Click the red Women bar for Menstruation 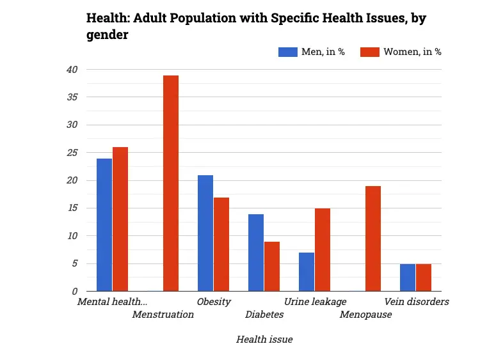pos(171,184)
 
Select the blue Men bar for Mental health pos(104,225)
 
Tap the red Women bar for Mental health pos(120,219)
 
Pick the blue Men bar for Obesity pos(205,233)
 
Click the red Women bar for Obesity pos(221,244)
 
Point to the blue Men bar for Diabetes pos(256,253)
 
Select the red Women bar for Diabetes pos(272,267)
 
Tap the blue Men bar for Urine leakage pos(307,272)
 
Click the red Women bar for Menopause pos(373,239)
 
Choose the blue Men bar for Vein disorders pos(408,278)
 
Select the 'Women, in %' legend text pos(412,52)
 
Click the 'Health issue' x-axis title pos(264,340)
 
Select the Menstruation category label pos(163,315)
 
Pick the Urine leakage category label pos(315,302)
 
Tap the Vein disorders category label pos(416,302)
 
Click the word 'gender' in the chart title pos(108,35)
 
